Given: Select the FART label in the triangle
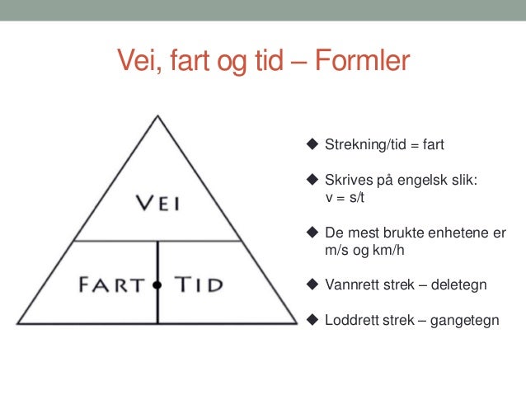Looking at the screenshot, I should click(x=111, y=284).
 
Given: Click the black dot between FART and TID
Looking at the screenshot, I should click(x=157, y=284).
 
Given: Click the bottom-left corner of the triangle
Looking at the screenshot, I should click(x=18, y=322).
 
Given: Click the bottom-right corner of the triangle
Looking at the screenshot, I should click(x=296, y=322).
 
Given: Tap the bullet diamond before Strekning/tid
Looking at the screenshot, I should click(x=312, y=144).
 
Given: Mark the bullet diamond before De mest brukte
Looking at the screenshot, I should click(x=312, y=233).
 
